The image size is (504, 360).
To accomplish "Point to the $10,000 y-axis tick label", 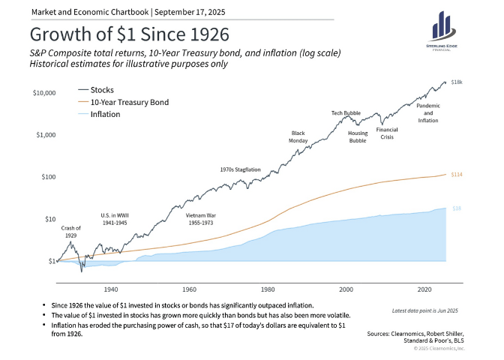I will (x=44, y=93).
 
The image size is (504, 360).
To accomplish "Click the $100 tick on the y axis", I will (x=48, y=177).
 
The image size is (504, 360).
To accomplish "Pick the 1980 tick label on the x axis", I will (x=268, y=289).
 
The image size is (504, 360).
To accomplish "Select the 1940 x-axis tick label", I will (x=111, y=289).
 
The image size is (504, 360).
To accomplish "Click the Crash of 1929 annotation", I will (x=70, y=231).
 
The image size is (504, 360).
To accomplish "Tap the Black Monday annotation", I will (x=298, y=136).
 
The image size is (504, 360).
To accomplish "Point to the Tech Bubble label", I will (x=346, y=113).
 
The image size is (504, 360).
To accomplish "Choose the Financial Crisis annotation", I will (x=387, y=133).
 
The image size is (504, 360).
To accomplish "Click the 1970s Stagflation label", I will (x=240, y=169).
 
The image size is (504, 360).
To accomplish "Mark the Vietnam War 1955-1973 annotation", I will (x=201, y=219).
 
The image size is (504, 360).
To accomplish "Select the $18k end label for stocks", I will (x=456, y=82).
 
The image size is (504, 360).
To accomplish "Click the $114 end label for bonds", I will (x=455, y=174).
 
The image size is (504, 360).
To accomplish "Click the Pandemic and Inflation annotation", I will (x=427, y=112).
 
